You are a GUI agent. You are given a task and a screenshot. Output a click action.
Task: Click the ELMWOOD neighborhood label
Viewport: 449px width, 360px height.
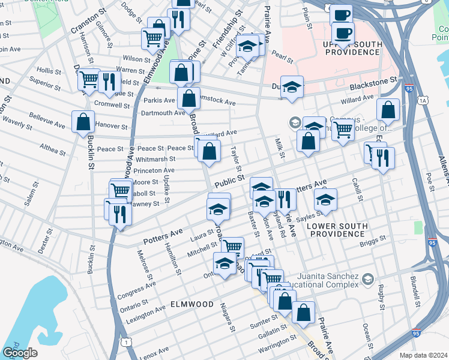tap(191, 304)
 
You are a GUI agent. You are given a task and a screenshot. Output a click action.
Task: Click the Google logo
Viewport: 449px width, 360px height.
tap(20, 352)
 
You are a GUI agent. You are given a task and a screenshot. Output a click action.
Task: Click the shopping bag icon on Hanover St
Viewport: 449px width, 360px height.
tap(83, 121)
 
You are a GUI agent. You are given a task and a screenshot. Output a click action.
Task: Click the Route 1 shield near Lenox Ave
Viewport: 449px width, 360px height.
tap(125, 341)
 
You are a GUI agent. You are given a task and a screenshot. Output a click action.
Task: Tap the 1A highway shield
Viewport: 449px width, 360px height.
tap(424, 100)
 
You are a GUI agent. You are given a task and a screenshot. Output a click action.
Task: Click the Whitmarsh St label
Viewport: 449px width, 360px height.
tap(155, 160)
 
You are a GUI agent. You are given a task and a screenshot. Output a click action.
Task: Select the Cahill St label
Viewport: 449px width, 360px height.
tap(358, 190)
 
